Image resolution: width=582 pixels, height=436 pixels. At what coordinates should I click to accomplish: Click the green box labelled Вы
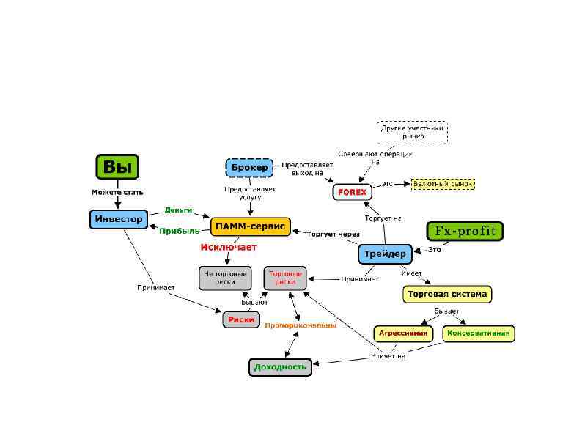click(117, 167)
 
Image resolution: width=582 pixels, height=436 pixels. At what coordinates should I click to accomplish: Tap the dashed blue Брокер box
click(248, 168)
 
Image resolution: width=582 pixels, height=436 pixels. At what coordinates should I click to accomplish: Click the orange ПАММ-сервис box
click(251, 226)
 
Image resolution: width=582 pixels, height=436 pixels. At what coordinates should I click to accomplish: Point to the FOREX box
click(352, 192)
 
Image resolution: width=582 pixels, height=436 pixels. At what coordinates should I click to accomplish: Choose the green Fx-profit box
click(465, 231)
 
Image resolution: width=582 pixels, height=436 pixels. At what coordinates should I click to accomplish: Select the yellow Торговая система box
click(446, 295)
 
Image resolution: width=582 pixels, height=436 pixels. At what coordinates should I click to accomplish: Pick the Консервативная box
click(479, 333)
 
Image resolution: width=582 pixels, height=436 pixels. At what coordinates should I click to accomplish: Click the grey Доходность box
click(280, 366)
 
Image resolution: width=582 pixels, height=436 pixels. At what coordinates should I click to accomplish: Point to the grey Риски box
click(241, 319)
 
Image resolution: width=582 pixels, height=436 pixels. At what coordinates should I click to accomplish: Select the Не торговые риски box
click(220, 278)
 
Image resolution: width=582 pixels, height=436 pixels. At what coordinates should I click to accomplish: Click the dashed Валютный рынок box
click(443, 183)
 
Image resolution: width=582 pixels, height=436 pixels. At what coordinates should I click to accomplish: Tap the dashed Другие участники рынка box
click(412, 132)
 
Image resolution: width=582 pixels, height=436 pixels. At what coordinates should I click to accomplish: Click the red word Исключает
click(229, 248)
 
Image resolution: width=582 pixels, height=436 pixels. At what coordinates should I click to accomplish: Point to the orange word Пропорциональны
click(300, 325)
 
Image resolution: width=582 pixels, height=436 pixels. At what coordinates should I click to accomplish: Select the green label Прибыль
click(179, 231)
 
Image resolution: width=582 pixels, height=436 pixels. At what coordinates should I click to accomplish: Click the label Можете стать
click(117, 193)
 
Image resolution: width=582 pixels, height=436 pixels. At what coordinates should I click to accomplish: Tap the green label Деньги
click(178, 210)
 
